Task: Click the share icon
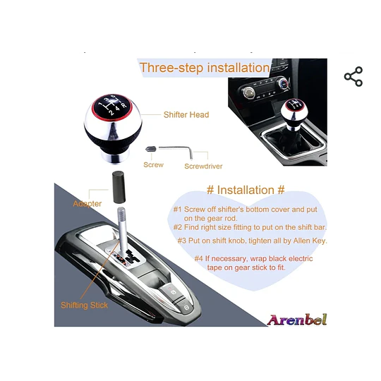point(353,76)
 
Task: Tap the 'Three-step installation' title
point(205,68)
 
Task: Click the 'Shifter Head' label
point(186,115)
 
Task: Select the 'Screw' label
point(153,164)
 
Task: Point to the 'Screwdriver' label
point(203,167)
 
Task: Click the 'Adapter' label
point(87,204)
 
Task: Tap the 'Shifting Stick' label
point(84,306)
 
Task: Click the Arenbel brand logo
point(296,320)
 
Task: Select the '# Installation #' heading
point(246,190)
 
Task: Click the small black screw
point(151,148)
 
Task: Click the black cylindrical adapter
point(119,187)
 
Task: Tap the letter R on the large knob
point(124,105)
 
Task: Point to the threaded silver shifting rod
point(122,229)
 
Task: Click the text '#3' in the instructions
point(182,241)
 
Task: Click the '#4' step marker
point(199,258)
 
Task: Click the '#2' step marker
point(178,227)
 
